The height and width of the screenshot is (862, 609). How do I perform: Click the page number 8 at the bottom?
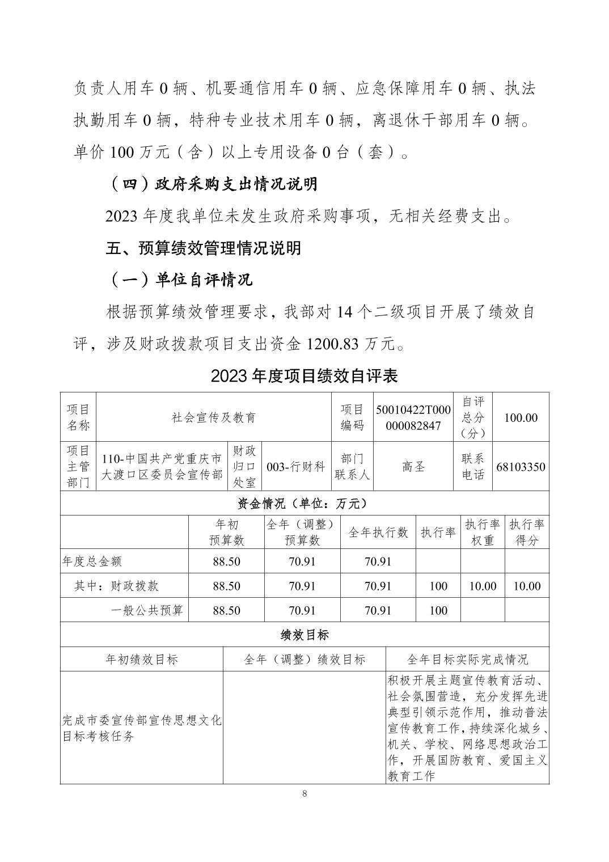pos(304,794)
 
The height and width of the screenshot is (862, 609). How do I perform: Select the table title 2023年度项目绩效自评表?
pos(304,376)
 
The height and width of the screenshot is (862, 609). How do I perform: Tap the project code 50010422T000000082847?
pos(413,417)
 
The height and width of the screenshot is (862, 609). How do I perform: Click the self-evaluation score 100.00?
pos(521,417)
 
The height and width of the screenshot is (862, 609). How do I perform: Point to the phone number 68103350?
pos(521,467)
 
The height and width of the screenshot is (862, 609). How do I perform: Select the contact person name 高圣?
pos(413,467)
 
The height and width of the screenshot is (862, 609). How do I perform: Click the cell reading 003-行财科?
pos(295,467)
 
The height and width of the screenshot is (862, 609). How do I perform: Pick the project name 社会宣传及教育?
pos(214,417)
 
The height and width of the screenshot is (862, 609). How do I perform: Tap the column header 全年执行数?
pos(378,532)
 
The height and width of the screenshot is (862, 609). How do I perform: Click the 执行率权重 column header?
pos(483,532)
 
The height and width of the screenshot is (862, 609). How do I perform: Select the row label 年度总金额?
pos(92,561)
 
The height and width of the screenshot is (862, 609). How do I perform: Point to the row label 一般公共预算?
pos(147,610)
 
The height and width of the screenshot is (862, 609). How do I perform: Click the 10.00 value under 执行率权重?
pos(483,586)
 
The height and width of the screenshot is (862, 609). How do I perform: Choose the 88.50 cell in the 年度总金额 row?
pos(226,561)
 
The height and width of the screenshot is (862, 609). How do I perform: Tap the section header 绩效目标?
pos(304,635)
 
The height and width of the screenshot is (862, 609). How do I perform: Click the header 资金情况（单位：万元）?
pos(304,503)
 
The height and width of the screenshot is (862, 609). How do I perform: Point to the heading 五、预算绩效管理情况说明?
pos(204,248)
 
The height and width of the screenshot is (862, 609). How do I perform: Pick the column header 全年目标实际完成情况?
pos(467,659)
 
